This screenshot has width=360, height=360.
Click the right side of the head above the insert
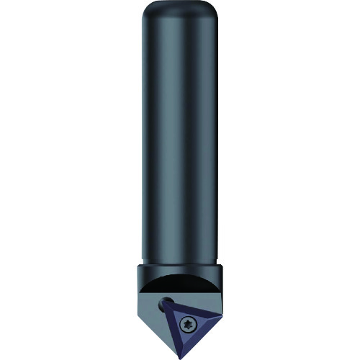(x=218, y=292)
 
